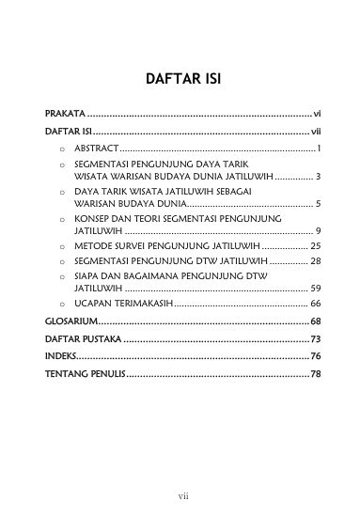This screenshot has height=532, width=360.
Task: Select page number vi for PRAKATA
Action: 319,113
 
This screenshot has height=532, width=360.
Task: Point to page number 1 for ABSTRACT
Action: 321,149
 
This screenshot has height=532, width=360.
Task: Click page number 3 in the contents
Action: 320,177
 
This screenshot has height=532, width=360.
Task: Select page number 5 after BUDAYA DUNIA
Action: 320,203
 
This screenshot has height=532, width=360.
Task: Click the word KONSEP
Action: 92,217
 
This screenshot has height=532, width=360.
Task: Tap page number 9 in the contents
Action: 320,230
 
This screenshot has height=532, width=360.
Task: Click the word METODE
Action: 92,246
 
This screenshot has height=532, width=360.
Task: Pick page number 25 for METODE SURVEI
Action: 317,246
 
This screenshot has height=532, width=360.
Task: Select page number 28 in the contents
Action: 317,260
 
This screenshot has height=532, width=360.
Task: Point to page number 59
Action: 317,288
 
